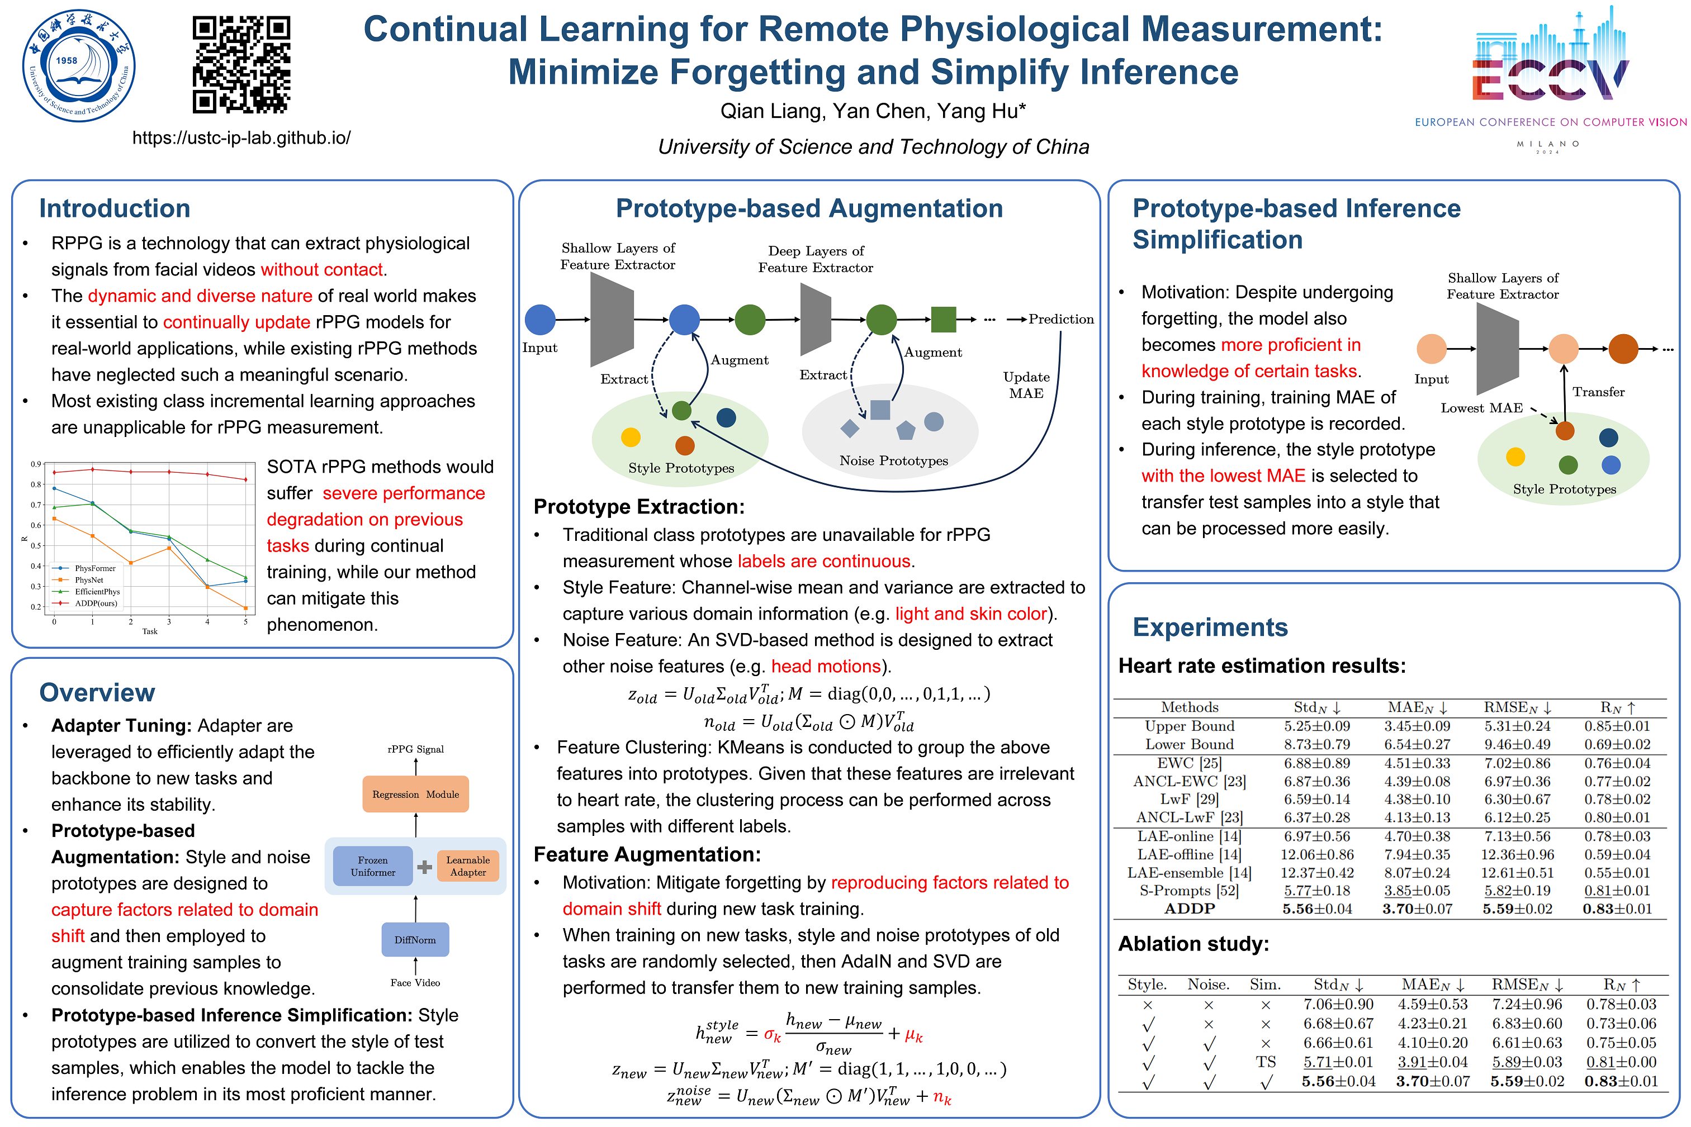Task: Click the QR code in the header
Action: tap(241, 65)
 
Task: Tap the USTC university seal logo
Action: tap(78, 65)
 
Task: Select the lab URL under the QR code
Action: tap(241, 137)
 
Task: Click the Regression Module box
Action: tap(415, 794)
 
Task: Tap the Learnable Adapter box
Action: tap(468, 866)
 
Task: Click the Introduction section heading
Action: tap(115, 208)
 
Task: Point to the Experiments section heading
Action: tap(1210, 627)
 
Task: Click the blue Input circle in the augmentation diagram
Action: tap(540, 320)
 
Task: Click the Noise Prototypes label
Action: tap(894, 461)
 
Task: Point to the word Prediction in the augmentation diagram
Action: tap(1061, 319)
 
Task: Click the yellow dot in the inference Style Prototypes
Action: tap(1515, 456)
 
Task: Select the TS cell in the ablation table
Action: tap(1266, 1062)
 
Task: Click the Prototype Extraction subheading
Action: tap(638, 507)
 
